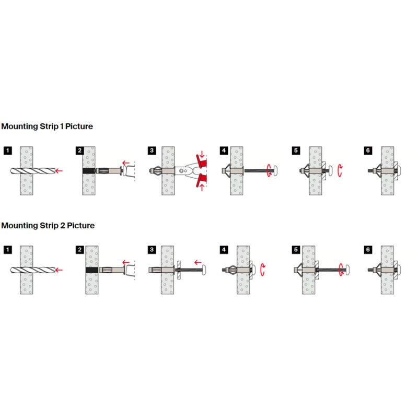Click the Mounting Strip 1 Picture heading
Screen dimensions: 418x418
tap(47, 126)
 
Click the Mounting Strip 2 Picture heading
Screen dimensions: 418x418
tap(48, 226)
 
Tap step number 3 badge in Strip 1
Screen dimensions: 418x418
tap(152, 150)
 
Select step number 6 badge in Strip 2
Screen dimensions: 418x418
tap(368, 250)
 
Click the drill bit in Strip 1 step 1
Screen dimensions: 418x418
tap(32, 171)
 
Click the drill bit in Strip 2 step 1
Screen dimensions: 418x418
tap(32, 270)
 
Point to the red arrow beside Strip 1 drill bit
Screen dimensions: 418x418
tap(59, 171)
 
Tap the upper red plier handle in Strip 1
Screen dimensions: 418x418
tap(202, 162)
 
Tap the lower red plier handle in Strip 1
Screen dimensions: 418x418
tap(202, 180)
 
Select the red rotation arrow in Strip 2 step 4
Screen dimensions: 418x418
tap(262, 270)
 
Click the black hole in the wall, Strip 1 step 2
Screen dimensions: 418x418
tap(89, 171)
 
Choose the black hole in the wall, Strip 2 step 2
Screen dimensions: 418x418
tap(92, 270)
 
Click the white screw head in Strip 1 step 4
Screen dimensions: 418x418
tap(275, 171)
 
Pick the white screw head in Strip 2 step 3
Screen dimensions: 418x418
tap(203, 270)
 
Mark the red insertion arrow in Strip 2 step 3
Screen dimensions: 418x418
tap(198, 263)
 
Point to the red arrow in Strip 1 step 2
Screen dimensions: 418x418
tap(126, 163)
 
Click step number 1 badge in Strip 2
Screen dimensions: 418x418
tap(8, 250)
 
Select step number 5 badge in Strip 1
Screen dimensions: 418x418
tap(296, 150)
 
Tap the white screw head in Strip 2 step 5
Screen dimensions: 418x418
tap(347, 270)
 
